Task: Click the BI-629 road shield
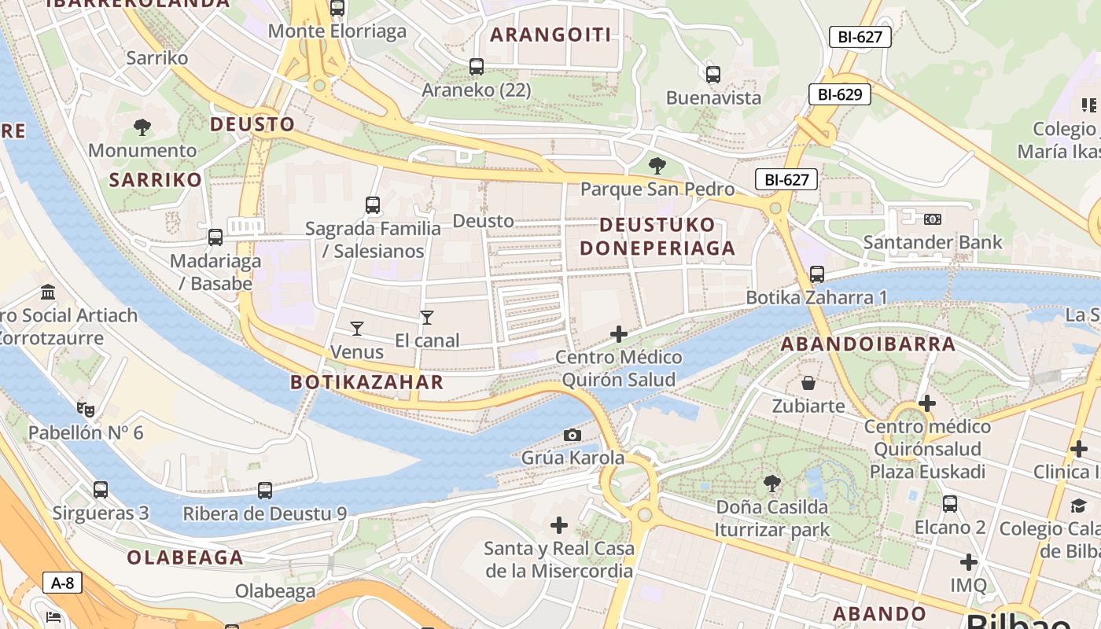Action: [x=840, y=94]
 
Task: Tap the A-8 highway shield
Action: [x=62, y=583]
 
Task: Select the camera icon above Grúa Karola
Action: [x=573, y=435]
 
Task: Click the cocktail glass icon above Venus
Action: [x=357, y=328]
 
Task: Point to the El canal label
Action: [x=427, y=340]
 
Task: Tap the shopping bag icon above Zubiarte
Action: [x=808, y=383]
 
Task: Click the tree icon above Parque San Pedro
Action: [x=657, y=166]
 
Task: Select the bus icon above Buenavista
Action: [x=713, y=75]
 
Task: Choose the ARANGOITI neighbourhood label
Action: [x=550, y=35]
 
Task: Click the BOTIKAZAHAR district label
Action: [x=367, y=383]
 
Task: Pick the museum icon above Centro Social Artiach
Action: [x=48, y=292]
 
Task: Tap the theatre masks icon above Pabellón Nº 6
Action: [x=86, y=409]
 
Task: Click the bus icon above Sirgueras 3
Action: [x=101, y=490]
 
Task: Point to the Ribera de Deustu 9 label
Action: [x=265, y=513]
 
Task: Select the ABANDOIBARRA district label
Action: [x=867, y=344]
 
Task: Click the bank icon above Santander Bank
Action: [x=933, y=219]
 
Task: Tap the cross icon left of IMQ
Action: [x=968, y=562]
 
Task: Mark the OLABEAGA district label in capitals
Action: [x=186, y=557]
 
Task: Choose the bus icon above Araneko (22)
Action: [x=477, y=67]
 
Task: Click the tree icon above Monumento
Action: [x=142, y=127]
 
